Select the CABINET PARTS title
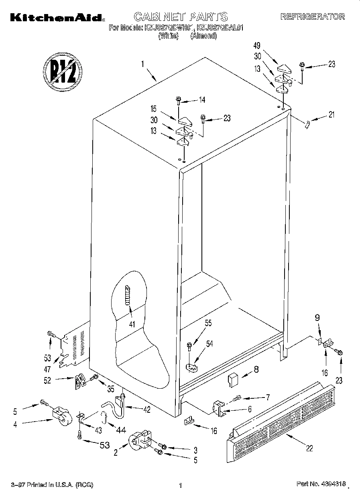tap(180, 16)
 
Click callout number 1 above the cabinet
tap(142, 64)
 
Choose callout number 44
tap(120, 430)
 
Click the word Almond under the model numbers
tap(204, 37)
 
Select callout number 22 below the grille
tap(309, 448)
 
